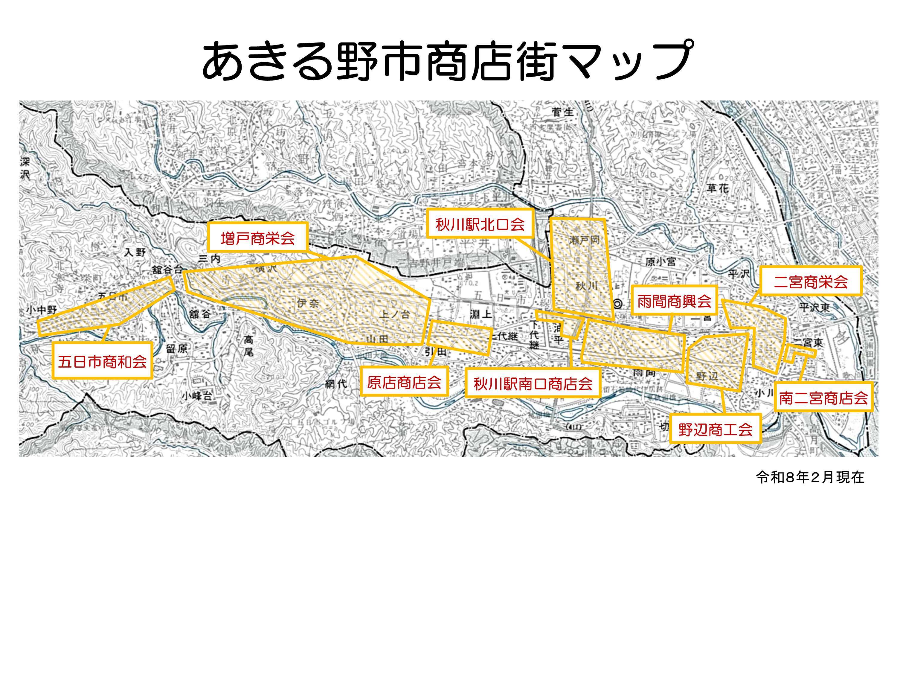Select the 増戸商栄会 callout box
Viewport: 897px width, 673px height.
[258, 238]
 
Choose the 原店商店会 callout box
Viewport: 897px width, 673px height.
[404, 382]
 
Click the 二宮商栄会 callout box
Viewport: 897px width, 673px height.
[811, 281]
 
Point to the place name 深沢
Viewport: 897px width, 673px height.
[25, 168]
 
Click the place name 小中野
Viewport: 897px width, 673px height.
[42, 310]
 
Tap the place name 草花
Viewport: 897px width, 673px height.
[718, 188]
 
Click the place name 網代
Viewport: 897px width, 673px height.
[336, 383]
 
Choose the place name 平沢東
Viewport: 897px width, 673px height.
[815, 307]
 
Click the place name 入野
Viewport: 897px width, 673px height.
[135, 252]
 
